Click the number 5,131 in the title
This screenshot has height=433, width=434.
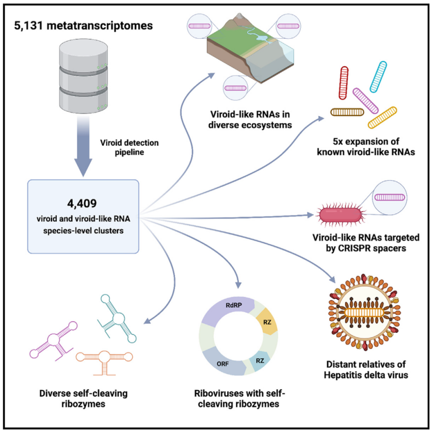[x=31, y=25]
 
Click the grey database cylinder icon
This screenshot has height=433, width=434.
[x=82, y=72]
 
